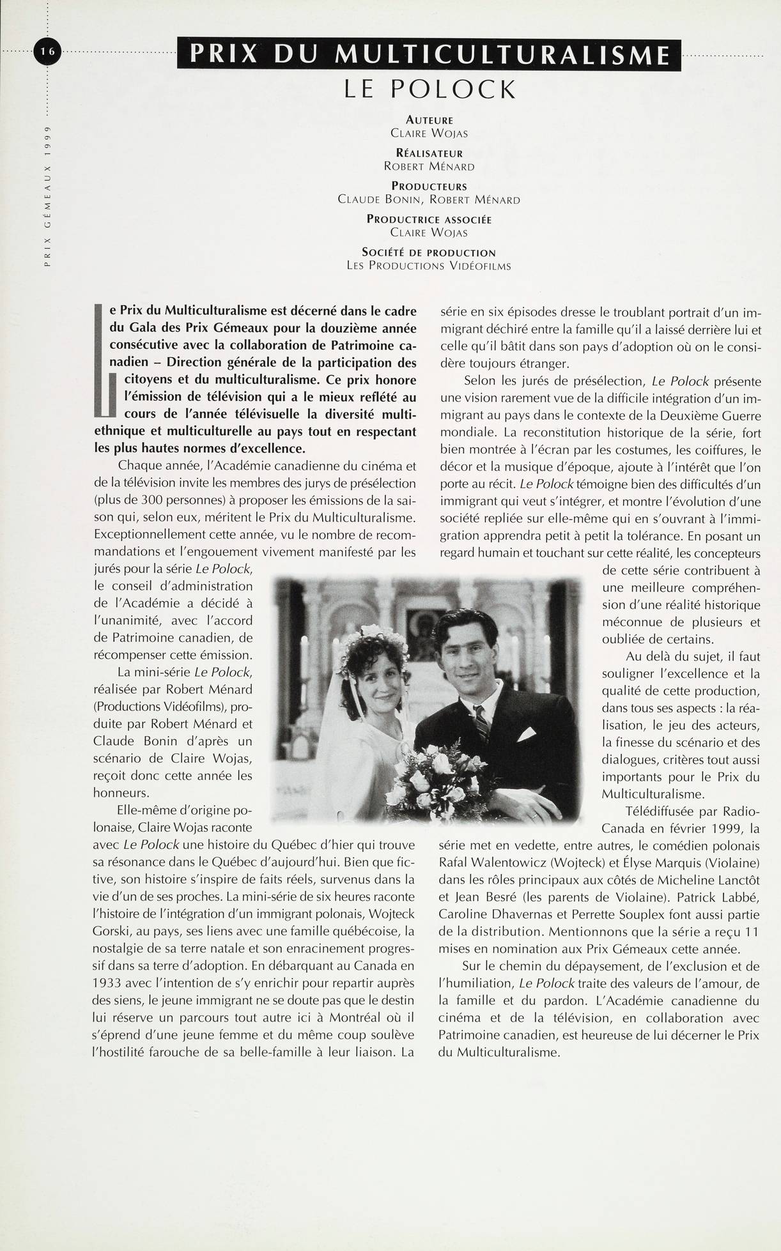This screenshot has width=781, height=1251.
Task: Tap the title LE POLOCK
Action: click(429, 89)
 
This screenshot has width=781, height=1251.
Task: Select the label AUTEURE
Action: click(429, 120)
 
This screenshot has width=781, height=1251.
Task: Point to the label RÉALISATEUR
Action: click(429, 153)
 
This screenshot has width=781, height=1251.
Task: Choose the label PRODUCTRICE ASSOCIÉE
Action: click(429, 220)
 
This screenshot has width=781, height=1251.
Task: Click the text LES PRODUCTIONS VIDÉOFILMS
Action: click(429, 266)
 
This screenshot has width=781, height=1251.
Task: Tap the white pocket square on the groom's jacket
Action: click(525, 734)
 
